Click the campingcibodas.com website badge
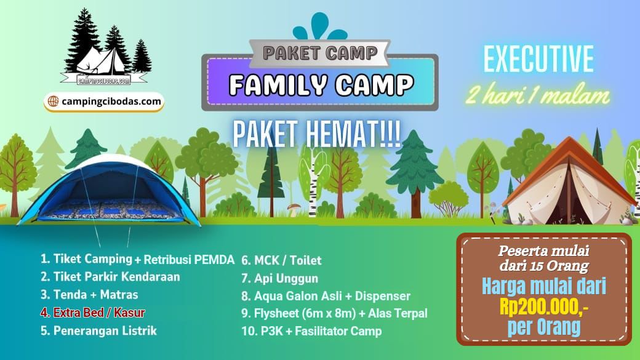click(103, 102)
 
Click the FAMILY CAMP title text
click(321, 84)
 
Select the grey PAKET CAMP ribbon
click(320, 53)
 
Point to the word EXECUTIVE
click(539, 59)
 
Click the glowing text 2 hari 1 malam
click(538, 95)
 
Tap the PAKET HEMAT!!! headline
click(317, 134)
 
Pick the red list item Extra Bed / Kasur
click(93, 313)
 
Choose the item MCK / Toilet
click(281, 260)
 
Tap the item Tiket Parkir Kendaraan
click(110, 277)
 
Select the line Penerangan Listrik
click(98, 330)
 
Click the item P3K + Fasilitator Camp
click(311, 331)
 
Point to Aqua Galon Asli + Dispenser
click(326, 296)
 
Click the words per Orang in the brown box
click(543, 327)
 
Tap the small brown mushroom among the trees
click(294, 209)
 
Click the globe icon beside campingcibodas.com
click(53, 101)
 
